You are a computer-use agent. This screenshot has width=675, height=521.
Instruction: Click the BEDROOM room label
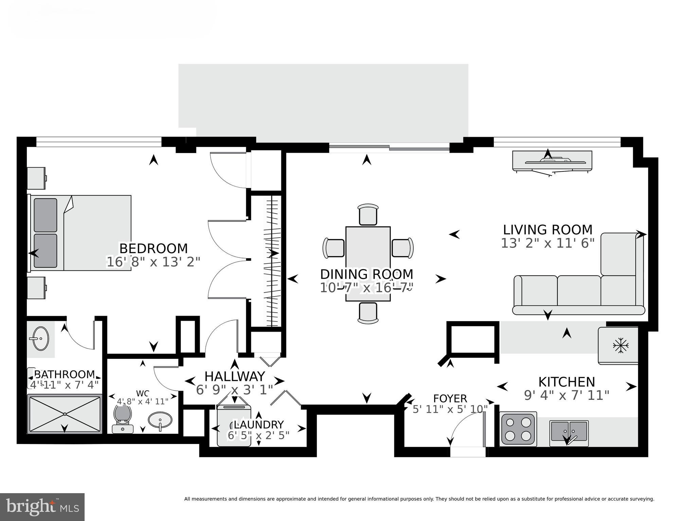(153, 248)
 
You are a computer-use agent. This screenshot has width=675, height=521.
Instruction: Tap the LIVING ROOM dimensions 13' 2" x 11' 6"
(548, 243)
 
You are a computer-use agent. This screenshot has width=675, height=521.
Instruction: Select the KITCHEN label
(567, 382)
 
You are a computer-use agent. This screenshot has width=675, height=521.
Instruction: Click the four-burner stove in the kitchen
(518, 429)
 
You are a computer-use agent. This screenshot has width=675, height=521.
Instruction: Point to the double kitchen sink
(569, 431)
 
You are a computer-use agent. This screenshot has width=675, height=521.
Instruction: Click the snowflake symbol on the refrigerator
(620, 346)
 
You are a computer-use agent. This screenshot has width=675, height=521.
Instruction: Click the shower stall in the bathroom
(65, 414)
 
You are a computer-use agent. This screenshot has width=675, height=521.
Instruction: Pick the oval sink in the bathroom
(41, 338)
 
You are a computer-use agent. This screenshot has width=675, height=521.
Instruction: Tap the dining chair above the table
(368, 214)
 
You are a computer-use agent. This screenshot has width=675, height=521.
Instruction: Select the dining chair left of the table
(334, 248)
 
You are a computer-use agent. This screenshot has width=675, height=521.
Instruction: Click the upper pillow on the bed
(46, 215)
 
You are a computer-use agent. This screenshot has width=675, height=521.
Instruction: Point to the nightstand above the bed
(36, 178)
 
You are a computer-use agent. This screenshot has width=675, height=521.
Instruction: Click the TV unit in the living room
(552, 161)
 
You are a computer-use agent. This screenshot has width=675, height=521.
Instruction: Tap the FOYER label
(450, 398)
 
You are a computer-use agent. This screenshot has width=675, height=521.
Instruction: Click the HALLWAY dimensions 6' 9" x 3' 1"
(235, 390)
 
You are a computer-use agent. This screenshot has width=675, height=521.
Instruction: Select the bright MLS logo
(42, 507)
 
